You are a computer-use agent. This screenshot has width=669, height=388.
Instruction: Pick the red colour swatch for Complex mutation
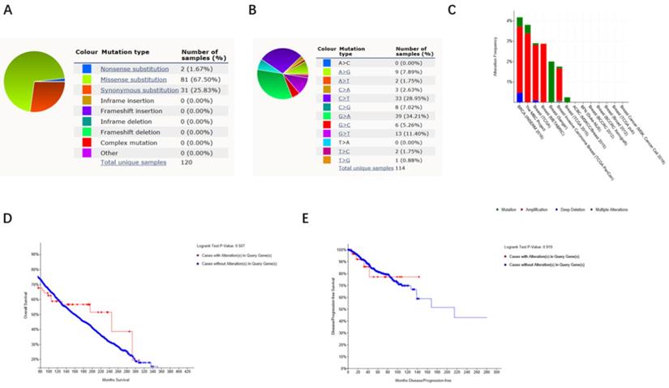click(x=87, y=141)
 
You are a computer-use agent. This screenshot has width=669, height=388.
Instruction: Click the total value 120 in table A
click(x=189, y=162)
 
